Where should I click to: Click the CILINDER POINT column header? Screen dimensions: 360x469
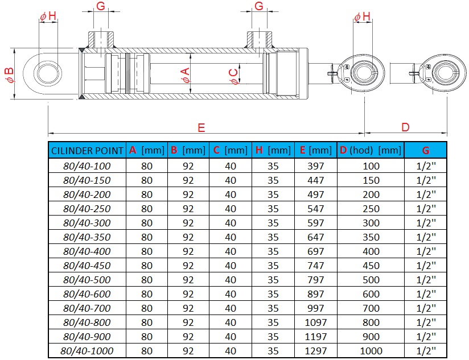click(x=87, y=151)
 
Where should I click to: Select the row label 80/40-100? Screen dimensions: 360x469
click(x=87, y=166)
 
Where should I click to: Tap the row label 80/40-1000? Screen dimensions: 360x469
click(x=87, y=351)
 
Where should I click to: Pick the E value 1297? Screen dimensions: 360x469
click(x=315, y=351)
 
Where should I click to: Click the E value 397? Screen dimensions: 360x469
click(x=315, y=166)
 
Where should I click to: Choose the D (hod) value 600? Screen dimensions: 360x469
click(x=371, y=294)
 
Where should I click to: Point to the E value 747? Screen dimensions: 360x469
click(x=315, y=266)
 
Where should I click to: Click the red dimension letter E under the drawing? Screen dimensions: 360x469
click(x=201, y=127)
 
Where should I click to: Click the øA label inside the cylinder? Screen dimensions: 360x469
click(x=185, y=75)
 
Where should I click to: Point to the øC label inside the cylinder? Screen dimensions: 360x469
click(x=233, y=75)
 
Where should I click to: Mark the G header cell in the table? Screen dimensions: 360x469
click(x=426, y=151)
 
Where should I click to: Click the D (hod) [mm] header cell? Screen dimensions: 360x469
click(x=371, y=151)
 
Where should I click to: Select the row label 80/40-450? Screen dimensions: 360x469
click(x=87, y=266)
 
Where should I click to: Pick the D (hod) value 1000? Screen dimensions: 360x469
click(x=371, y=351)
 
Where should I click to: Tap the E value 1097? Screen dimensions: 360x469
click(x=315, y=322)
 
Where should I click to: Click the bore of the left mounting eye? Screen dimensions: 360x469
click(x=48, y=75)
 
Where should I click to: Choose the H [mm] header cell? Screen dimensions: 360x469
click(x=273, y=151)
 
